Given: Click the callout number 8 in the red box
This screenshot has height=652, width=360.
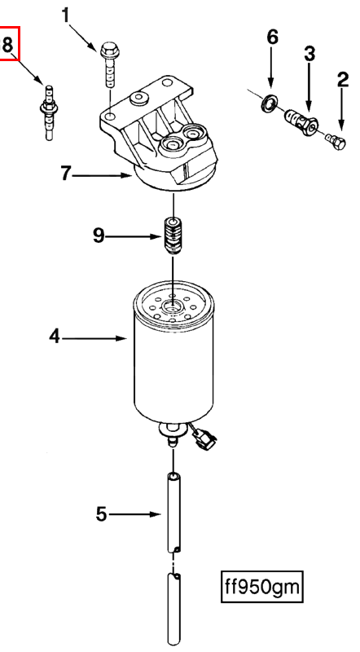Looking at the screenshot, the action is coord(8,44).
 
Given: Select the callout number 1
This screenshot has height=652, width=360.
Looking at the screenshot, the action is coord(65,15).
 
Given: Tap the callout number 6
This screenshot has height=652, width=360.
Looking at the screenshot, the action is coord(272,37).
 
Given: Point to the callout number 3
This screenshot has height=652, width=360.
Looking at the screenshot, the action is coord(310,55).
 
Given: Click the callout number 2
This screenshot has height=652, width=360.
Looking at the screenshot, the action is coord(343,79).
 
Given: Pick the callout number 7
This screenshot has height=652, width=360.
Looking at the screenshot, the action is coord(67,173).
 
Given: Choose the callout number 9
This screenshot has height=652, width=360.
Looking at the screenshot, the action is coord(99,236).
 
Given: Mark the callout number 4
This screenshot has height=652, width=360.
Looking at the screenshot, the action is coord(55,336).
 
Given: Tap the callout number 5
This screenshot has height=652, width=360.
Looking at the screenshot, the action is coord(102,515).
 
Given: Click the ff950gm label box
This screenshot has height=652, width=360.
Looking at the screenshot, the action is coord(261,587).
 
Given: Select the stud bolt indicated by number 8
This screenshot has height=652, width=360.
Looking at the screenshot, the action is coord(49,112).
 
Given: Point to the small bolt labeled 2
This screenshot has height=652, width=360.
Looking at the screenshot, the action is coord(336,141).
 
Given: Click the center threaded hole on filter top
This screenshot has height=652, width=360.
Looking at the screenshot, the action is coord(172,307).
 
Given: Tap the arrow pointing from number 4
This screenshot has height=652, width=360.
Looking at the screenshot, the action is coord(94,339).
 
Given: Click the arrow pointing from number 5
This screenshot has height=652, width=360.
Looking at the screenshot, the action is coord(134,515).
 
